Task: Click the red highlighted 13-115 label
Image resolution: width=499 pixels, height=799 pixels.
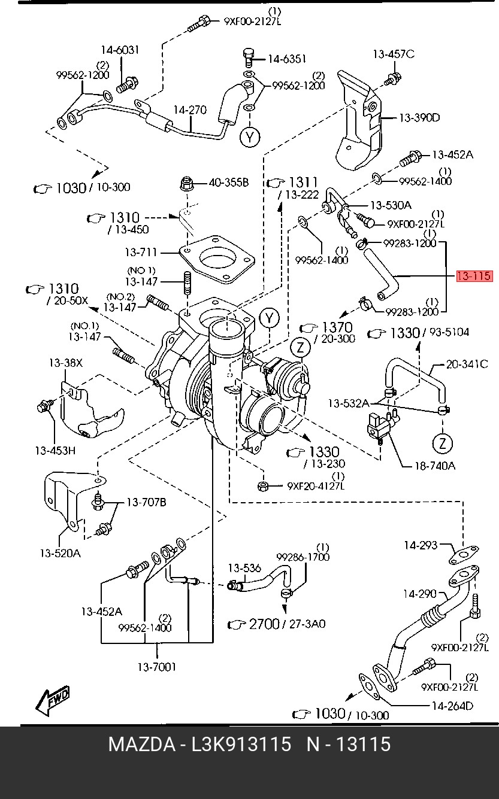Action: pos(474,276)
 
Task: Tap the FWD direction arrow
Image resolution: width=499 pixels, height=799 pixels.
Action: pos(53,700)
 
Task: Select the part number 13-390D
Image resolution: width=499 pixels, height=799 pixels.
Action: pos(419,117)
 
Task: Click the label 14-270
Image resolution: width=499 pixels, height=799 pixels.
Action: pos(190,110)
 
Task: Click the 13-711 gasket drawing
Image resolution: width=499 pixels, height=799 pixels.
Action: pos(217,259)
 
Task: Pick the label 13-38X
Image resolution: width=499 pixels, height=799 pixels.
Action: pos(66,363)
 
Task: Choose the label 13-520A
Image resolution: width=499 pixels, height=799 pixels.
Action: pos(61,553)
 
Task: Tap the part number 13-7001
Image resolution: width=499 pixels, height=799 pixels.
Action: pos(157,667)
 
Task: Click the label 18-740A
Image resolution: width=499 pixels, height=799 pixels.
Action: pos(435,466)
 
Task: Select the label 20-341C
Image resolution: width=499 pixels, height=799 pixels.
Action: pos(467,364)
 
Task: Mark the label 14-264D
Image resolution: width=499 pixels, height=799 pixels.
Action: pos(452,706)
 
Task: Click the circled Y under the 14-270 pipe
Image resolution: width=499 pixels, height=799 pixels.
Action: pos(250,137)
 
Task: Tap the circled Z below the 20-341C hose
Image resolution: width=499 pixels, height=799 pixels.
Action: pos(442,443)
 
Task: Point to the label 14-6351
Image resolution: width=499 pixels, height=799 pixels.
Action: pos(287,59)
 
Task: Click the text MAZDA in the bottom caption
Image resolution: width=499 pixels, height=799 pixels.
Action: pos(142,745)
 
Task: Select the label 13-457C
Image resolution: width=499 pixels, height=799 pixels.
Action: pos(394,54)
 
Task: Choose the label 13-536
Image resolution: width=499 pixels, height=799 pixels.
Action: pos(244,567)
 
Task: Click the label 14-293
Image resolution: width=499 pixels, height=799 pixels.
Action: pos(421,545)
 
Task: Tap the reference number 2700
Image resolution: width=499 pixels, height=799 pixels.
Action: pos(264,624)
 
